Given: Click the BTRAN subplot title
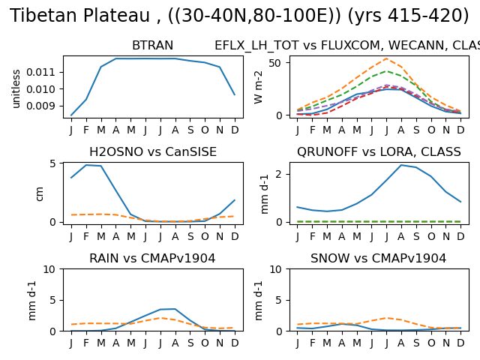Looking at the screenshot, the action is (x=152, y=45).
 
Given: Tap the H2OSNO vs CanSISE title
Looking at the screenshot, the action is (x=153, y=151).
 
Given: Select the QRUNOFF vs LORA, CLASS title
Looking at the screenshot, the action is (x=379, y=151).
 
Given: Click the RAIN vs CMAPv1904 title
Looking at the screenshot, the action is (x=152, y=258).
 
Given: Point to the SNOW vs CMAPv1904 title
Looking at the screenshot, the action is (x=378, y=258).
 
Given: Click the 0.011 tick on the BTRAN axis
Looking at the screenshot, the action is (x=40, y=72).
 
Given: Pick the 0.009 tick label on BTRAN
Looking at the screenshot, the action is (x=40, y=106).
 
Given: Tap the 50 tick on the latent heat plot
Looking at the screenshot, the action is (x=275, y=63).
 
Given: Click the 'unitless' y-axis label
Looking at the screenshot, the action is (x=16, y=88).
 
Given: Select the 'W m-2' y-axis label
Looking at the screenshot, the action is (x=258, y=87).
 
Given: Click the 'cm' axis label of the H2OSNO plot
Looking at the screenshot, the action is (x=40, y=193).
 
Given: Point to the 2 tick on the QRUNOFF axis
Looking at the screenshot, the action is (x=278, y=174).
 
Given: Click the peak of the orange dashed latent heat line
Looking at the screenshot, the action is (x=387, y=58).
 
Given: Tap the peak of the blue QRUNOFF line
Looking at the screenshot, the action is (x=401, y=165).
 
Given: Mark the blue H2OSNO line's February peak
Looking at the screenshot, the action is (x=86, y=165).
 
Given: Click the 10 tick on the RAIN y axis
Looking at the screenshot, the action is (x=49, y=269).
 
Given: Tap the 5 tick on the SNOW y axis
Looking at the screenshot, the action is (x=278, y=300).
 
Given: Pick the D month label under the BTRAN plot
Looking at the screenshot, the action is (x=235, y=130).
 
